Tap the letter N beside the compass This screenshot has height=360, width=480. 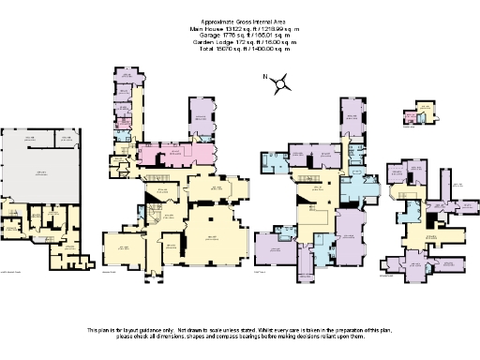(266, 78)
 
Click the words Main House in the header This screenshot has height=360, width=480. (198, 29)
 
